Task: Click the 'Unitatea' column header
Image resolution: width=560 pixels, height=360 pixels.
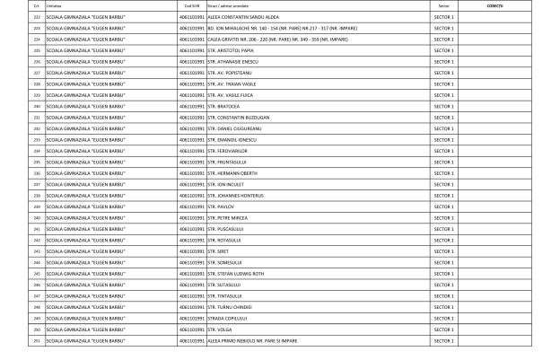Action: pyautogui.click(x=53, y=5)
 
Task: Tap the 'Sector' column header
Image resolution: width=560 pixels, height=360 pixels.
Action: pyautogui.click(x=443, y=5)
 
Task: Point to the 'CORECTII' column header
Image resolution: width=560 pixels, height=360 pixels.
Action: pyautogui.click(x=494, y=5)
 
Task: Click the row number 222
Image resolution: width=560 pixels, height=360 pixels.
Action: pyautogui.click(x=37, y=17)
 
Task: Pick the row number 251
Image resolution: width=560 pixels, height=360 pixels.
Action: pyautogui.click(x=37, y=340)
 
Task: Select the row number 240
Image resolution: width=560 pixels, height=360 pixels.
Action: pyautogui.click(x=37, y=217)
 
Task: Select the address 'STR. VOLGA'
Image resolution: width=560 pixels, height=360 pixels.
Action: pyautogui.click(x=220, y=329)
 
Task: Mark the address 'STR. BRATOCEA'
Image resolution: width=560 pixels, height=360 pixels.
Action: pyautogui.click(x=223, y=106)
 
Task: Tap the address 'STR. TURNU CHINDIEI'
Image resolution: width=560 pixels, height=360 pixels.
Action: pyautogui.click(x=229, y=306)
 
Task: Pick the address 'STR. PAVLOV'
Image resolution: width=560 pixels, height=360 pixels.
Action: pyautogui.click(x=220, y=206)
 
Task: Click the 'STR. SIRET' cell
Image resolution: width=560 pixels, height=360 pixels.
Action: pyautogui.click(x=218, y=250)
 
